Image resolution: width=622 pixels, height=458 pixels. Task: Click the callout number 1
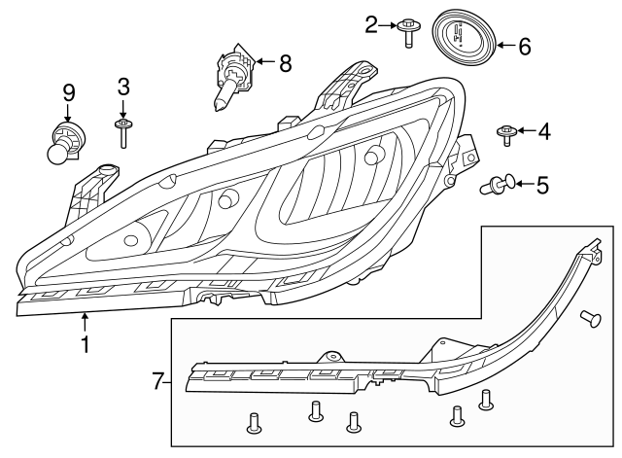pos(86,343)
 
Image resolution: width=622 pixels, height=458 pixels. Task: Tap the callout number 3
pos(123,86)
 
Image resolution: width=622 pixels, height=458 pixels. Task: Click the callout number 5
pos(543,183)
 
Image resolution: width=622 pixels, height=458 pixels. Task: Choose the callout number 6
pos(524,45)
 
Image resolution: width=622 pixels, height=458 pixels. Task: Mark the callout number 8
pos(285,64)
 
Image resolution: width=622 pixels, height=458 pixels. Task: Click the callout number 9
pos(69,92)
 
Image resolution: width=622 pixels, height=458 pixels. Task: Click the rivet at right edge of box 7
pos(589,317)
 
